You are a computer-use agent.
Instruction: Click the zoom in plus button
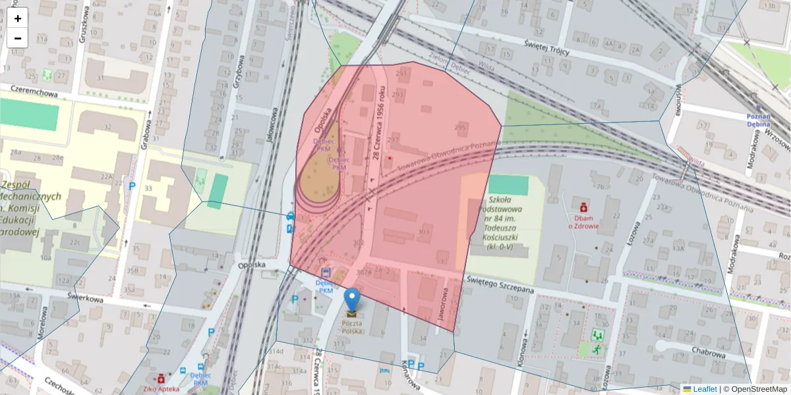[x=18, y=18]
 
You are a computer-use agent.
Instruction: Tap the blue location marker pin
[x=353, y=300]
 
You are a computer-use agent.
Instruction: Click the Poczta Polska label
[x=352, y=327]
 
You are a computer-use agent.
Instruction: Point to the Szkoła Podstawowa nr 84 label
[x=505, y=223]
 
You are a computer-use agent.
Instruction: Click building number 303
[x=424, y=232]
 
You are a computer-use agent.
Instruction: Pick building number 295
[x=460, y=127]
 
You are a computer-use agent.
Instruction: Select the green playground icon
[x=598, y=335]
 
